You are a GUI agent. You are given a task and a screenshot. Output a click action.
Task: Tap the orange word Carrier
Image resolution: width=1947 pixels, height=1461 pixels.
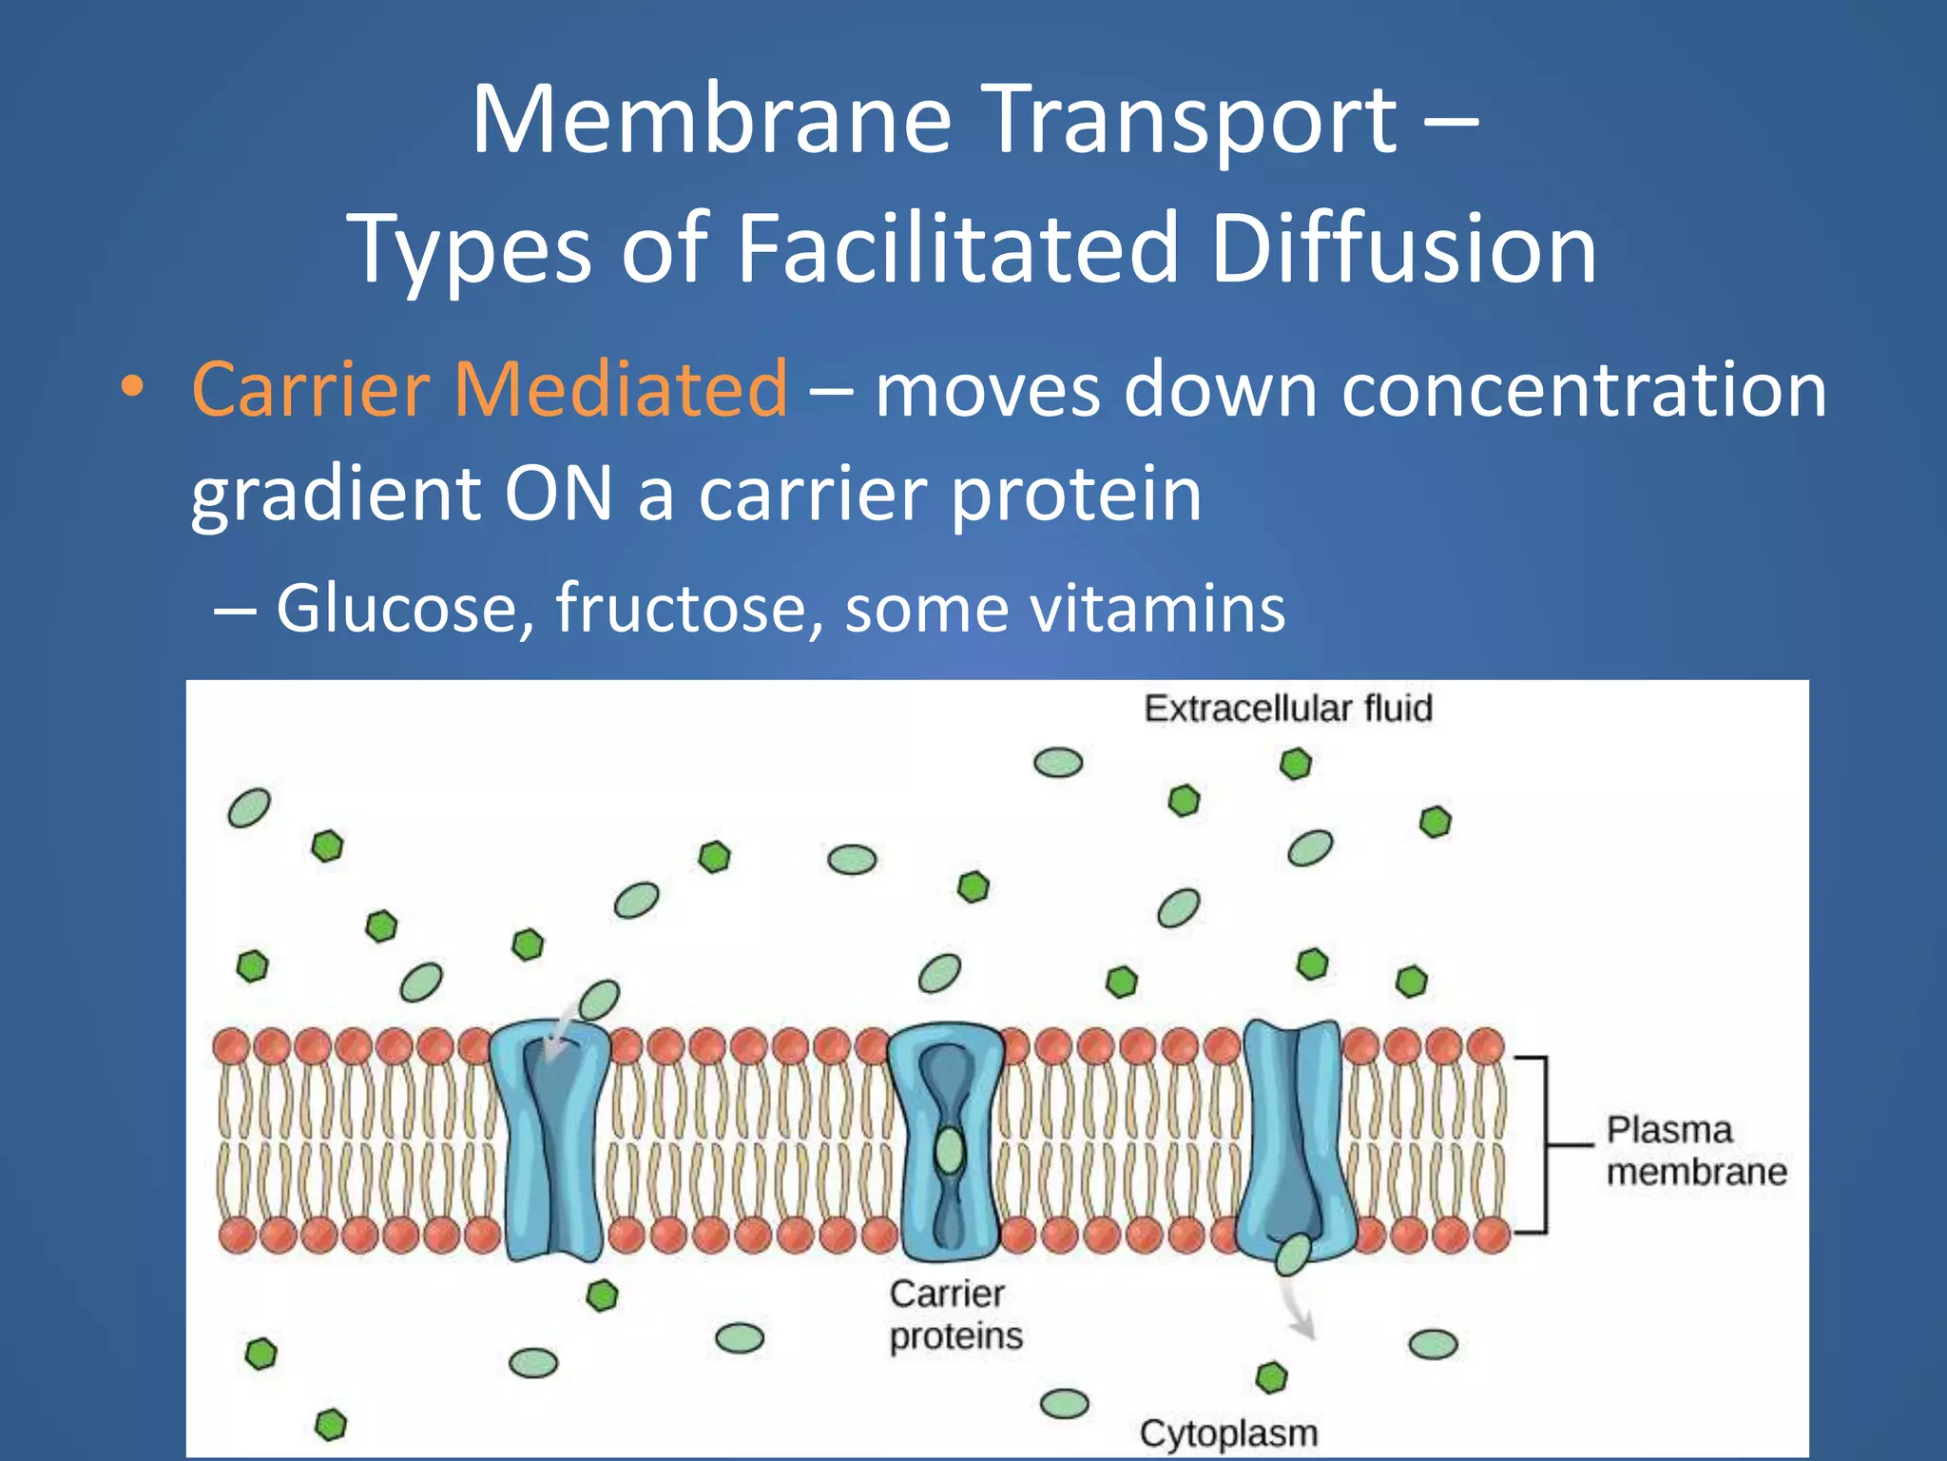311,389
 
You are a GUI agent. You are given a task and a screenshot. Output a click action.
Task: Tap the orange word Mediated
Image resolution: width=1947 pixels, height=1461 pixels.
620,389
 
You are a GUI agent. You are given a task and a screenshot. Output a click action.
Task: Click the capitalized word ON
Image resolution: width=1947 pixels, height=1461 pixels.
558,494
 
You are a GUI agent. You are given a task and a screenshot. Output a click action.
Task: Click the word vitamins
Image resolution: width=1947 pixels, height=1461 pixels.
1159,609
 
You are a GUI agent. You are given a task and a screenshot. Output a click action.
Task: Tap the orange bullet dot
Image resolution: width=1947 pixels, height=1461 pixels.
132,387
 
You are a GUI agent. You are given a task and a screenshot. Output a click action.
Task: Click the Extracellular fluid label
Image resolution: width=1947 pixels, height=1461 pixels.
1287,709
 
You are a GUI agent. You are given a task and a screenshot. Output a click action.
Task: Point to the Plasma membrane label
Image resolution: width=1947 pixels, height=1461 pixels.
1696,1151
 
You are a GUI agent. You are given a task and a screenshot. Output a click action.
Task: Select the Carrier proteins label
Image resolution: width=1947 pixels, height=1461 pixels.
954,1315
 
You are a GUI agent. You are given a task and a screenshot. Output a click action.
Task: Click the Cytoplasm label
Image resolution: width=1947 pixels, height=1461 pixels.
1228,1432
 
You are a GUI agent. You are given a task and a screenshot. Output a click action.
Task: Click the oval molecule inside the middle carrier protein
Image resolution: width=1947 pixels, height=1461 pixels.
949,1152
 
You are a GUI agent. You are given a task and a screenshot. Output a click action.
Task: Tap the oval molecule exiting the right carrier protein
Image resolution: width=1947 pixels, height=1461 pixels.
1293,1255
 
